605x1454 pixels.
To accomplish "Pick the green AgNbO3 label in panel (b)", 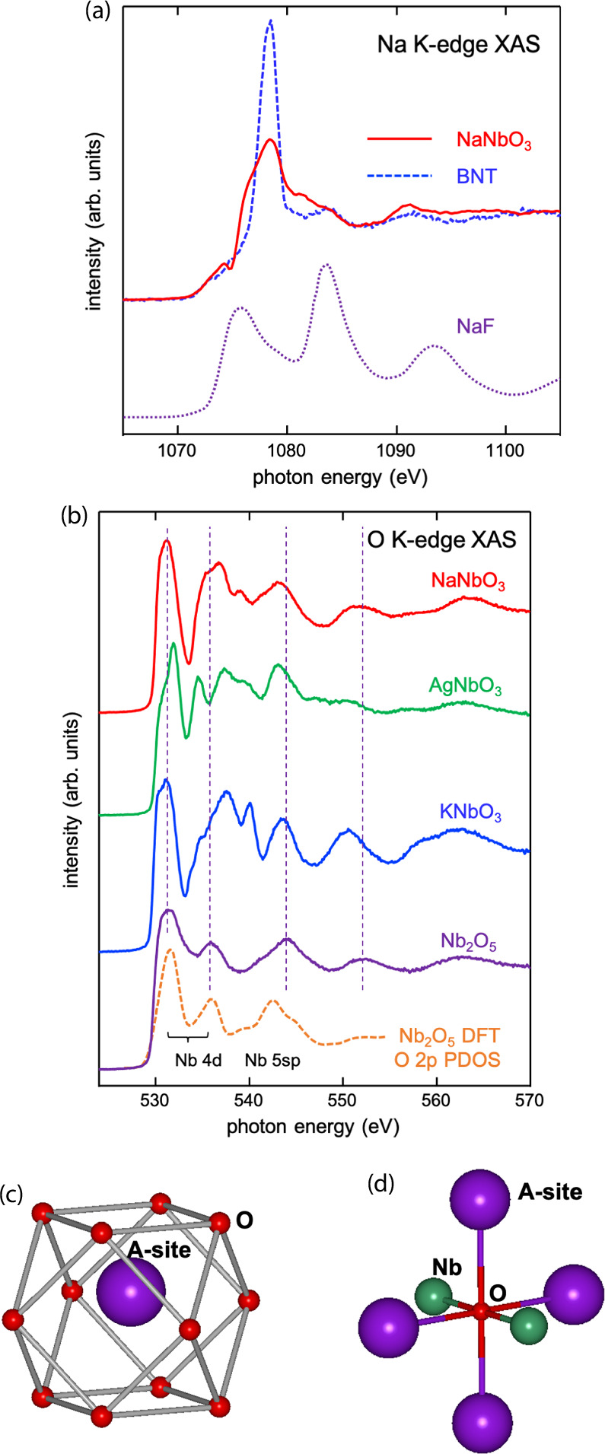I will point(466,687).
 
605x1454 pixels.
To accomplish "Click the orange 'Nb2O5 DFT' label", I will point(449,1036).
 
